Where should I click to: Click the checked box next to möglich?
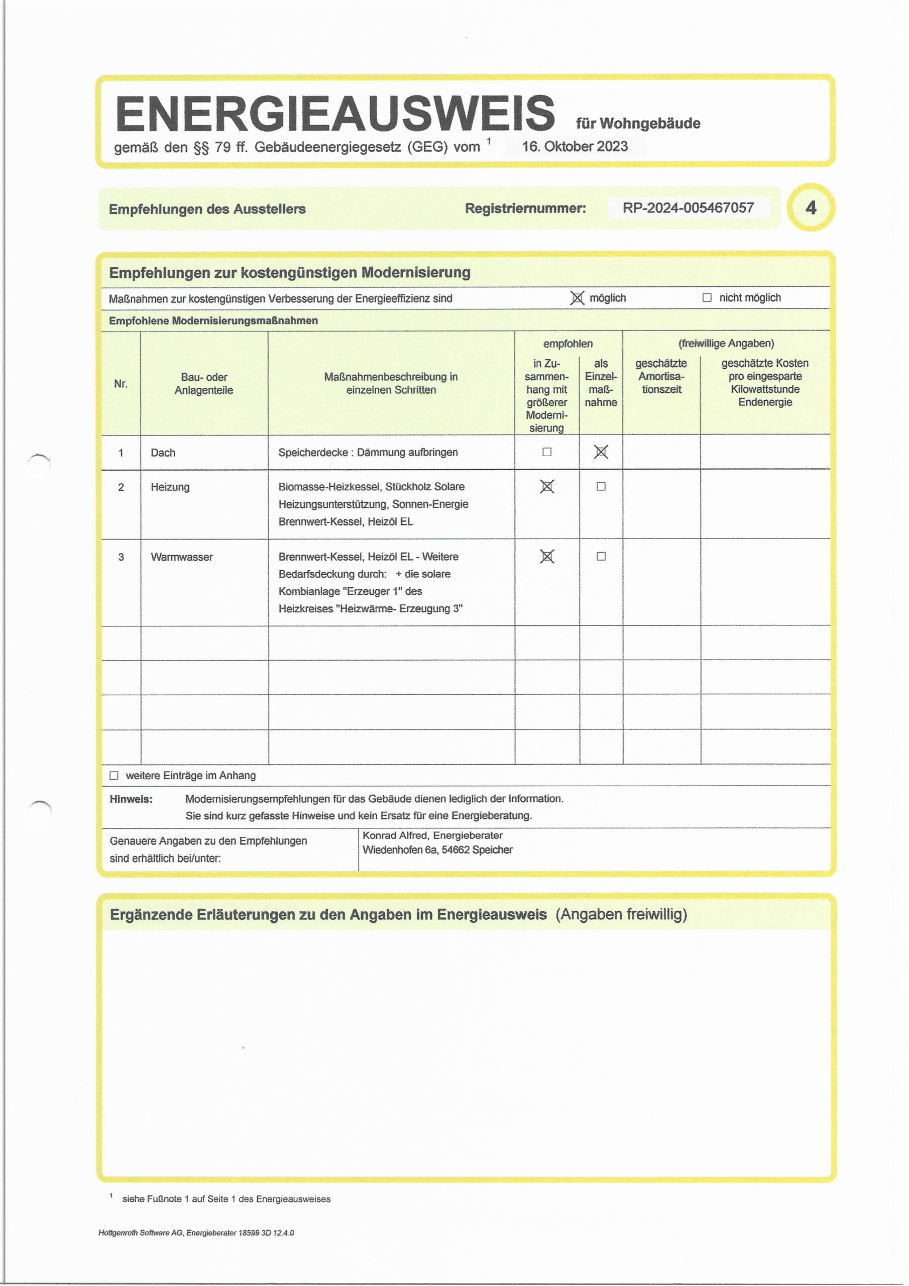tap(577, 298)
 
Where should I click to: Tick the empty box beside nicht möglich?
tap(707, 298)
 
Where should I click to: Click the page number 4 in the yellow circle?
tap(811, 208)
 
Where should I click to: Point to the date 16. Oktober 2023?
tap(575, 147)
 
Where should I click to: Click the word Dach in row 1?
tap(163, 453)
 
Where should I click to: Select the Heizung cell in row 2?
tap(170, 487)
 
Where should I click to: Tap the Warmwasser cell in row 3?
tap(181, 557)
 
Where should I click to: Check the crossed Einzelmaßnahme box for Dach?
tap(601, 452)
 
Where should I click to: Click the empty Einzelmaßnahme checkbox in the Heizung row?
tap(601, 487)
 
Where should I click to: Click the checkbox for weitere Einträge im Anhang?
tap(115, 776)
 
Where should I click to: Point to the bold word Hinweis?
tap(131, 799)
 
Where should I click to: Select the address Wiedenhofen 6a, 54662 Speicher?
tap(437, 850)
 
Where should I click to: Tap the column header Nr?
tap(121, 384)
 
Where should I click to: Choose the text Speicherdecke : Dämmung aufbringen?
tap(368, 453)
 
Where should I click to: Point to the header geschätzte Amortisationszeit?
tap(661, 376)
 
